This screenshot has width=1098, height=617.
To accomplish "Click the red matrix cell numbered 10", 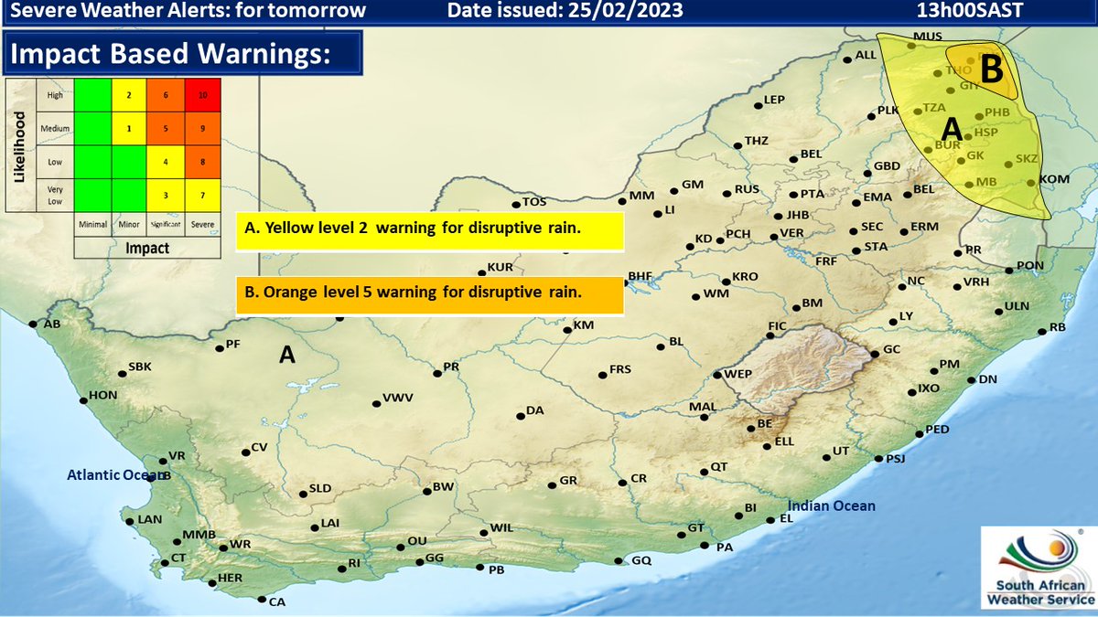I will (x=203, y=95).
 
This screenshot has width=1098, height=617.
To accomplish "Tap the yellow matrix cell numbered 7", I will (x=203, y=195).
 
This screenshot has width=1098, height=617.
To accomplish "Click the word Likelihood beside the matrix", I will (x=19, y=146).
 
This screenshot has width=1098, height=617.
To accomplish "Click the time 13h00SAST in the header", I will (x=971, y=11).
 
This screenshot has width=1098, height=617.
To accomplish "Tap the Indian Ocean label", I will (x=832, y=505).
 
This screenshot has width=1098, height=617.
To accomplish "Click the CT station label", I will (x=178, y=558).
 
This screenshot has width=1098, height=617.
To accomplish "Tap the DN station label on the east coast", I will (x=986, y=379).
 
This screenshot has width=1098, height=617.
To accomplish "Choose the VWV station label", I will (x=398, y=399).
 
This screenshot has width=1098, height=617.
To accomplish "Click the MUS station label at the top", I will (x=926, y=37).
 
